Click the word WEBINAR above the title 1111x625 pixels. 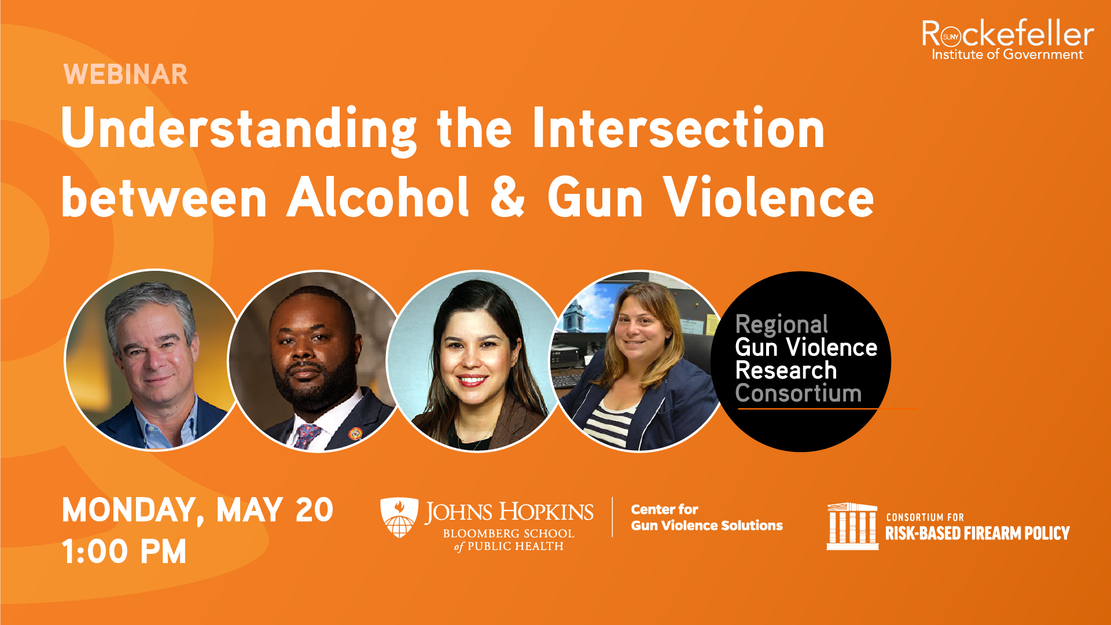[126, 75]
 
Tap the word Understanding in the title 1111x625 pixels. [239, 130]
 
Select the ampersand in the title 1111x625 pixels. [507, 197]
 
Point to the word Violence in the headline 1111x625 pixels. [769, 197]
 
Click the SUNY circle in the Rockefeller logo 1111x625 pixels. [951, 37]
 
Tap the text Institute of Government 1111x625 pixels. [1007, 54]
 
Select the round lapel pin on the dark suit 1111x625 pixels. [355, 433]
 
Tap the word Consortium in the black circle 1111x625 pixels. [799, 394]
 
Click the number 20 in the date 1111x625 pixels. [314, 510]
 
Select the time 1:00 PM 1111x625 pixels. [124, 552]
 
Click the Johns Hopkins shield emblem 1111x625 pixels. [399, 517]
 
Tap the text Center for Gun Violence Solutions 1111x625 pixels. [707, 517]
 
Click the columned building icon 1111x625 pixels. [852, 526]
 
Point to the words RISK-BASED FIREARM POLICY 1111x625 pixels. [977, 533]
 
